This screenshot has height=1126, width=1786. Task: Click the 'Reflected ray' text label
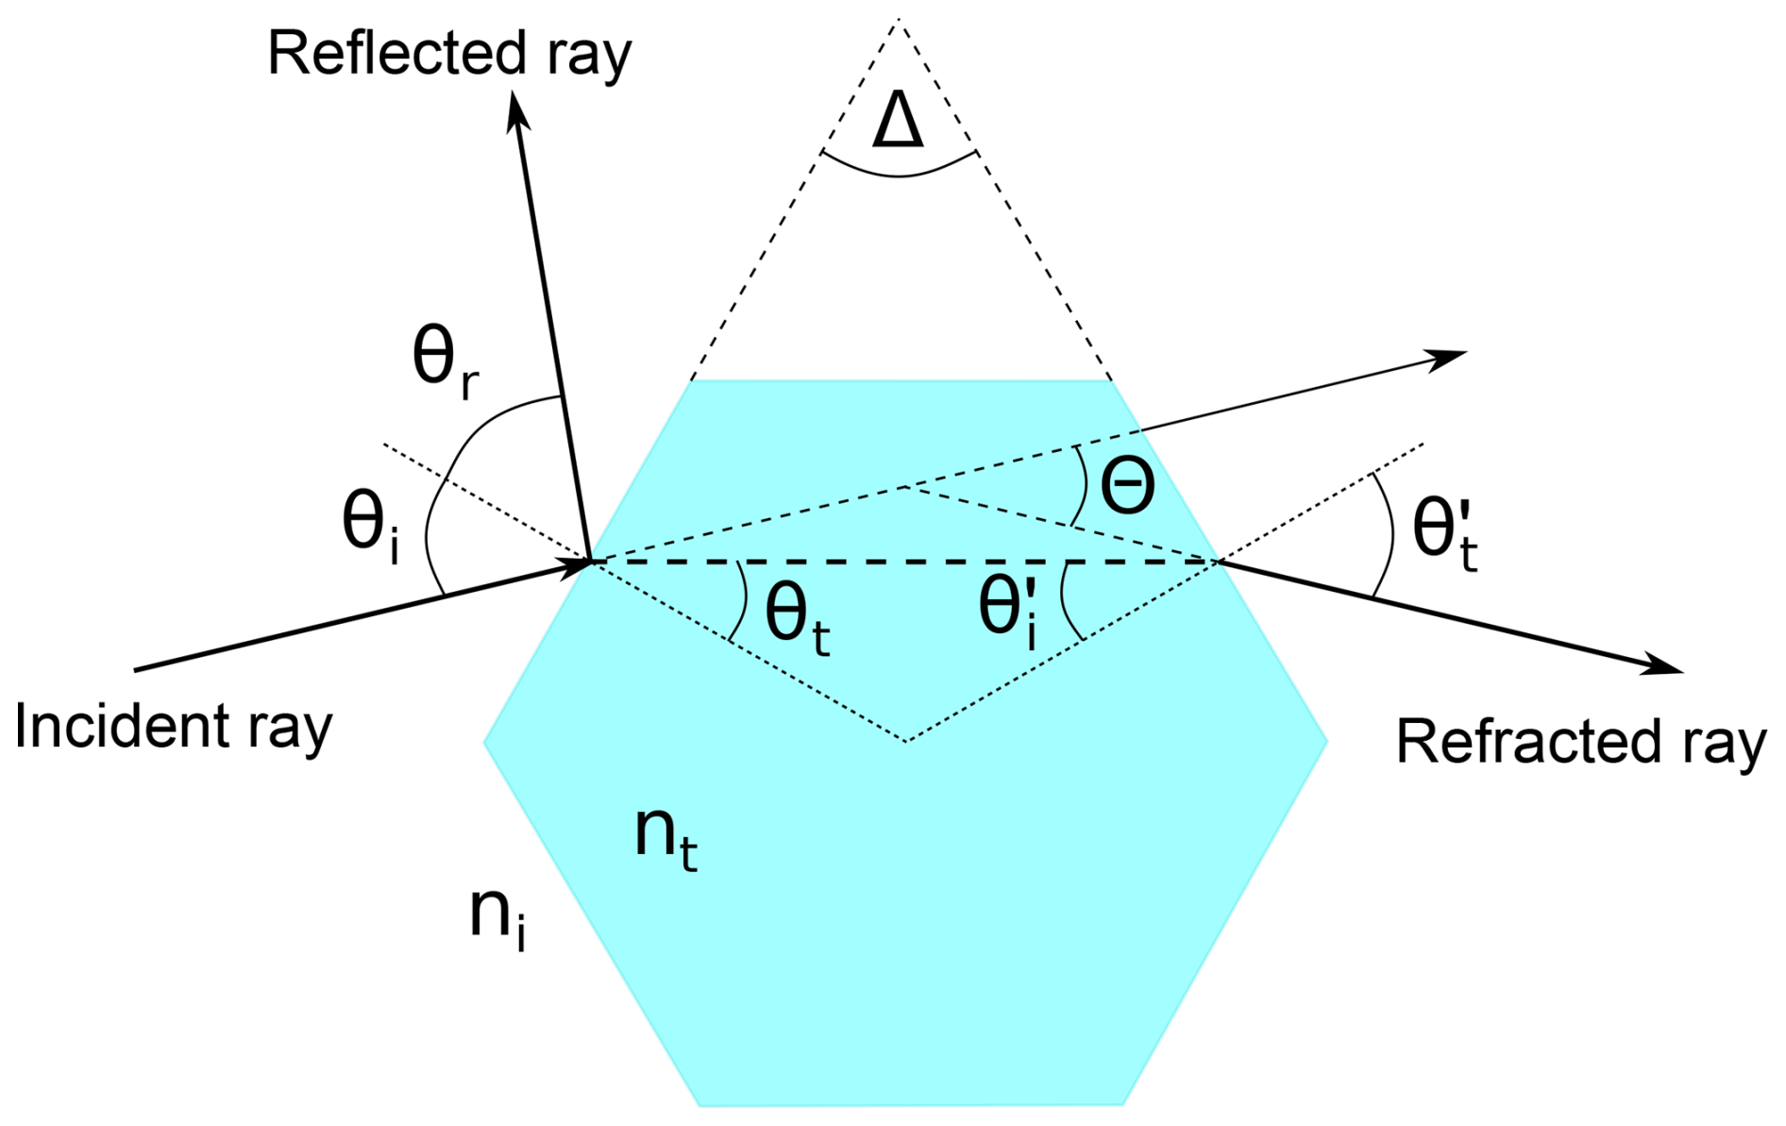pyautogui.click(x=449, y=54)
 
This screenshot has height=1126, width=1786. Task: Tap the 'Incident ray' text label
pyautogui.click(x=174, y=727)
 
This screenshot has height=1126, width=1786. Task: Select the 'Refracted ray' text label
pyautogui.click(x=1580, y=742)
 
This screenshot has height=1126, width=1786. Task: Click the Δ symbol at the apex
pyautogui.click(x=898, y=123)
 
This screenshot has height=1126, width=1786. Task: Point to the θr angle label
pyautogui.click(x=445, y=362)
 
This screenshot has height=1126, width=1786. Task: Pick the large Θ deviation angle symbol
pyautogui.click(x=1128, y=487)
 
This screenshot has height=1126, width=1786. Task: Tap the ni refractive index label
pyautogui.click(x=497, y=916)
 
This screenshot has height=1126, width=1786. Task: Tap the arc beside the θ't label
pyautogui.click(x=1389, y=533)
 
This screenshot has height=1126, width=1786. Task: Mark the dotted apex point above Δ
pyautogui.click(x=898, y=19)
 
